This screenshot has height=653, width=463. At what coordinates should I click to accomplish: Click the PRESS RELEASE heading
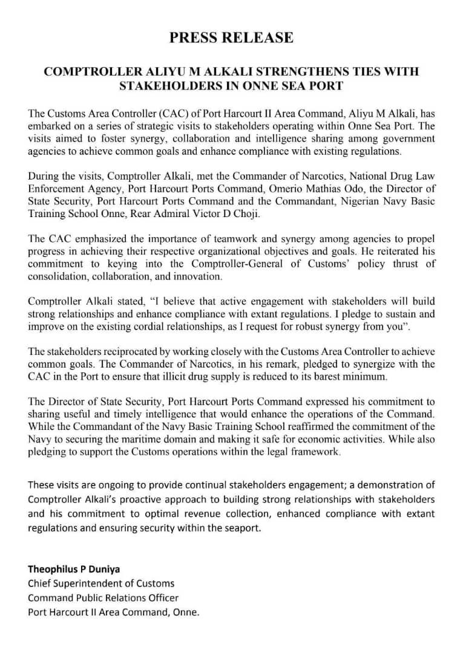[x=231, y=37]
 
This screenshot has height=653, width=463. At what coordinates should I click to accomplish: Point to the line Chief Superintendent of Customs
[x=101, y=583]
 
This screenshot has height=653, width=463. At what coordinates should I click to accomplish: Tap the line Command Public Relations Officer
[x=103, y=597]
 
